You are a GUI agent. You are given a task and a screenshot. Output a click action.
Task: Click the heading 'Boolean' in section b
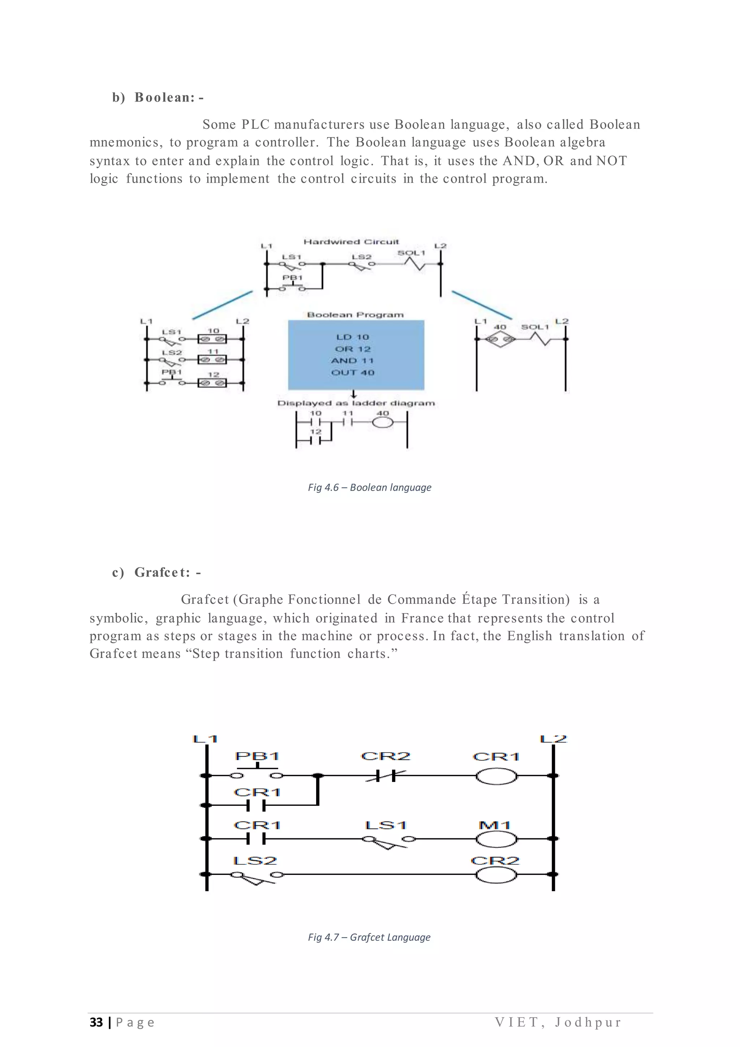[164, 98]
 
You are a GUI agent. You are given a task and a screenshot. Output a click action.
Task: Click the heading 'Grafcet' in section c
[162, 572]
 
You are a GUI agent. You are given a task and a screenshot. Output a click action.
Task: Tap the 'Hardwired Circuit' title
[351, 242]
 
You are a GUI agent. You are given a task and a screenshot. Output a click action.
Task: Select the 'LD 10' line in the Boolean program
[352, 337]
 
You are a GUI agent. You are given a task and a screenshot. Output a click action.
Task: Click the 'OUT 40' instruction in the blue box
[352, 373]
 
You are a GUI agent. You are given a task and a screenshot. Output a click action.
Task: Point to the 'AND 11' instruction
[352, 361]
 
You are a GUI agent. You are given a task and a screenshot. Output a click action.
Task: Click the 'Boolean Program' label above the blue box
[355, 315]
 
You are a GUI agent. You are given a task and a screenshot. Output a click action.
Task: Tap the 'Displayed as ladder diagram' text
[356, 403]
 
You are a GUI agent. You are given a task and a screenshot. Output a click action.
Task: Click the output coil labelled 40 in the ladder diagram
[382, 423]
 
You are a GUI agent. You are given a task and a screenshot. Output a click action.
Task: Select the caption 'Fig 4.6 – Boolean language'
[369, 487]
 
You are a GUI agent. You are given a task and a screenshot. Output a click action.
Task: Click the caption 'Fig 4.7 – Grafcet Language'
[369, 937]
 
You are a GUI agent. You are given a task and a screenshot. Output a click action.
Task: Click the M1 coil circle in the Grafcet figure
[496, 839]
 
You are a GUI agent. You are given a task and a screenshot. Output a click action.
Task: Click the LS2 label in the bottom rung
[255, 860]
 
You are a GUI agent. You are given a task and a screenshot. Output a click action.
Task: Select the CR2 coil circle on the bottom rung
[496, 875]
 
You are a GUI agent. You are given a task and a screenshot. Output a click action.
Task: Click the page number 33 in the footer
[96, 1022]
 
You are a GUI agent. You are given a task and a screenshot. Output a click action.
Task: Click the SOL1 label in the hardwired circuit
[411, 253]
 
